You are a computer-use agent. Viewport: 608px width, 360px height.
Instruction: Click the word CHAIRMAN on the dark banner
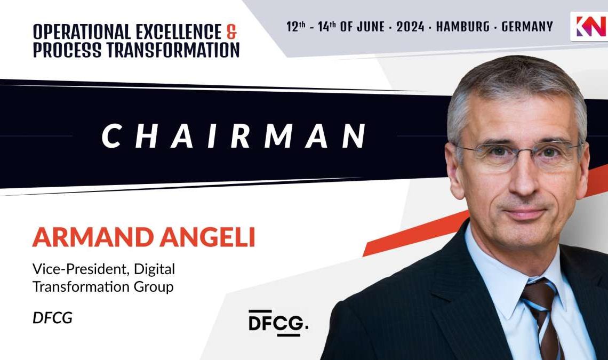(234, 136)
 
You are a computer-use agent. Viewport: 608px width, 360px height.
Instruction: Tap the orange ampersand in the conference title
(231, 32)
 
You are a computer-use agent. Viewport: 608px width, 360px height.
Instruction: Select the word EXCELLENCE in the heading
(178, 32)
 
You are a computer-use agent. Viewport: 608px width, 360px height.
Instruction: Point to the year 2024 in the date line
(410, 27)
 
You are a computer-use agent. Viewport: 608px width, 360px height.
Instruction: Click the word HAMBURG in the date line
(463, 27)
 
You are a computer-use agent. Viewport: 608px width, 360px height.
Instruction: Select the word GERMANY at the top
(527, 27)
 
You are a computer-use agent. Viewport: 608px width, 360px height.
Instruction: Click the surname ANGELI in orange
(207, 237)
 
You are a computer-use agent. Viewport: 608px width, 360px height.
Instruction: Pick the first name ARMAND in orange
(93, 237)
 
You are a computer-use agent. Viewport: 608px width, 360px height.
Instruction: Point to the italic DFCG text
(52, 318)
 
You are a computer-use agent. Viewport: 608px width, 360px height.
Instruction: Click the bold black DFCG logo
(278, 323)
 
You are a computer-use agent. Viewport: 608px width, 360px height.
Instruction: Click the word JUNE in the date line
(371, 27)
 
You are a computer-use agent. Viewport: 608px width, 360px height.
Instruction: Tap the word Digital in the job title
(154, 270)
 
